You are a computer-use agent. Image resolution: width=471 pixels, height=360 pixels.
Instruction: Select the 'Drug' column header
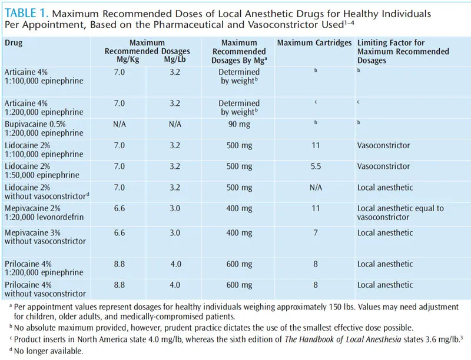point(15,43)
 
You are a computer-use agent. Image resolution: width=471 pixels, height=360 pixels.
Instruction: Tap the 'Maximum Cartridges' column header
point(314,43)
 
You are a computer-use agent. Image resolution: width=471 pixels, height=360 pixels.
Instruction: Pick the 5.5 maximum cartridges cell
point(315,166)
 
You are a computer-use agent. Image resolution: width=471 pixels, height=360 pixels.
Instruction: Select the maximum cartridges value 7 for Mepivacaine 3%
point(315,233)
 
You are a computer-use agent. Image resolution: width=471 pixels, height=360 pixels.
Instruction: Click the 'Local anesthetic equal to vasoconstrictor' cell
point(400,212)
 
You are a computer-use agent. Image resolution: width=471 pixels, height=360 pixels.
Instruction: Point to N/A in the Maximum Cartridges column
point(315,187)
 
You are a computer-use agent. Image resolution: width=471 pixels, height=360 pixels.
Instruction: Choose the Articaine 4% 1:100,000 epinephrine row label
point(45,76)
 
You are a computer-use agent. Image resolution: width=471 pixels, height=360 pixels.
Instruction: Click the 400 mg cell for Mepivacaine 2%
point(240,208)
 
